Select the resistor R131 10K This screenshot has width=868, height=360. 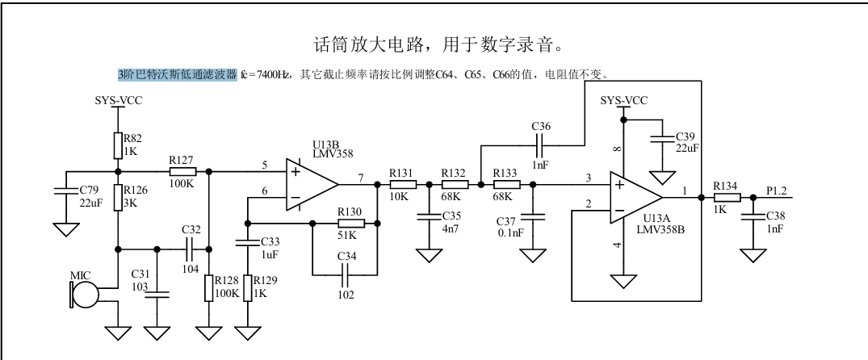[402, 184]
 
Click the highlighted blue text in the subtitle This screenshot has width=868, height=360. [177, 75]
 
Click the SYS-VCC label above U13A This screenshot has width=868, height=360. [624, 100]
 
